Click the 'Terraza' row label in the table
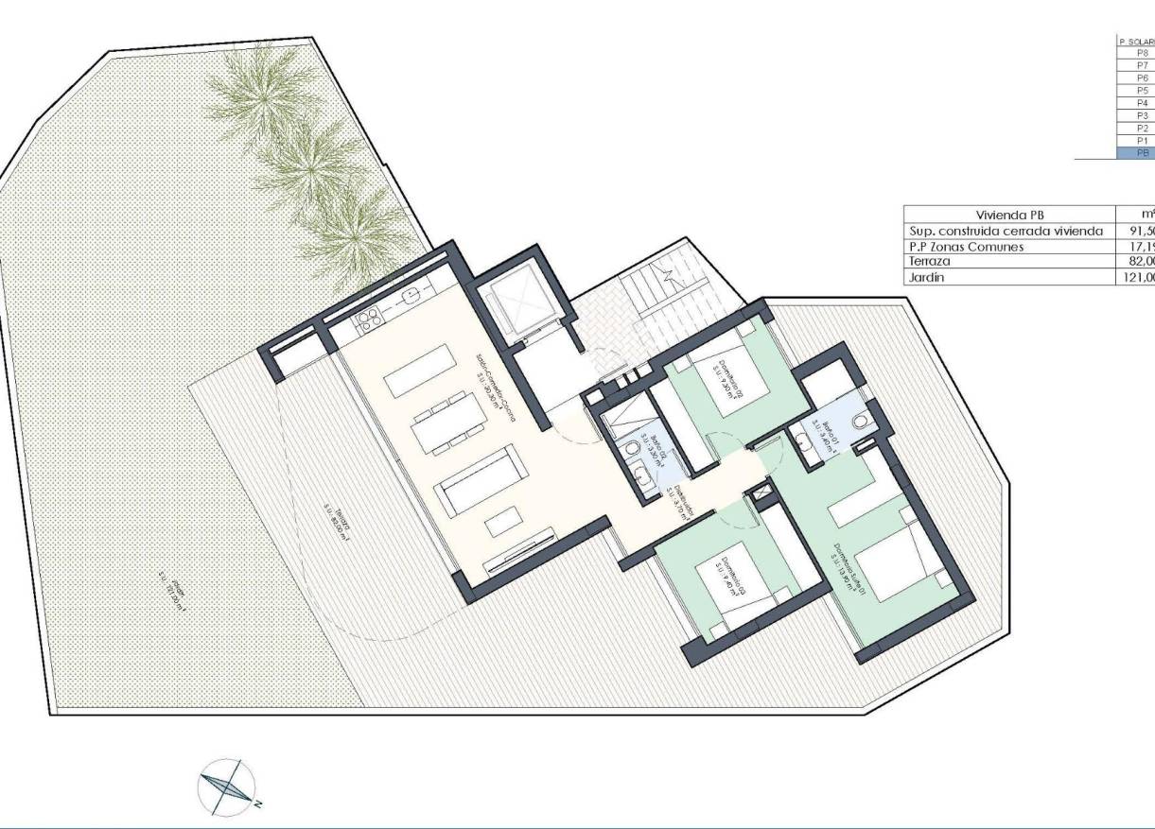(932, 262)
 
